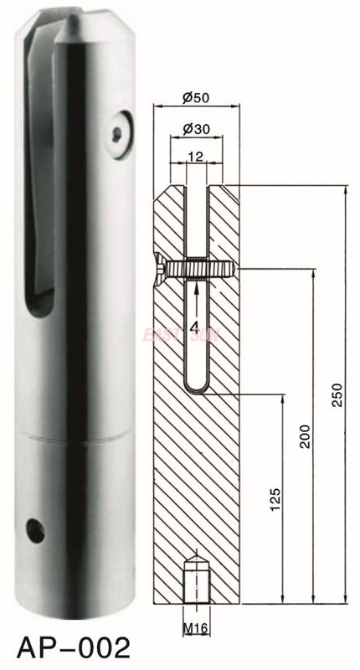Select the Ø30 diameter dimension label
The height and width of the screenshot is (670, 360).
[x=196, y=131]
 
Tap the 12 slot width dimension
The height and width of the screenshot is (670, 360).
[x=196, y=156]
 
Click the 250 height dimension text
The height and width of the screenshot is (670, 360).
[x=337, y=394]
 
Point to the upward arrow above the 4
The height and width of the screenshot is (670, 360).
[x=196, y=289]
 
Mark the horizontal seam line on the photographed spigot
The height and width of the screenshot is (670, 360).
[x=75, y=436]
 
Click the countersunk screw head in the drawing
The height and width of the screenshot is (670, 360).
[x=160, y=269]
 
